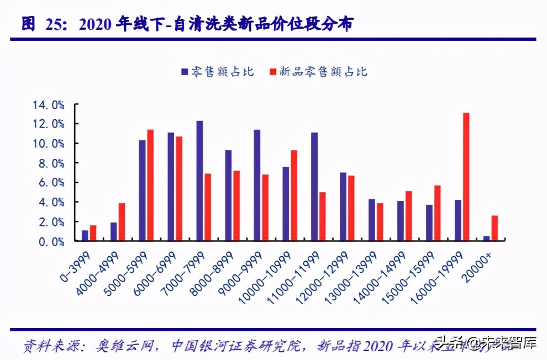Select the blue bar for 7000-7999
point(199,181)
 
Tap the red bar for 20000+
point(495,228)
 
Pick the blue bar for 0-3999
point(85,235)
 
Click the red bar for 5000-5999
point(150,185)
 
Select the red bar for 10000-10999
point(294,195)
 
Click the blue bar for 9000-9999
point(257,185)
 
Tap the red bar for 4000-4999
point(122,222)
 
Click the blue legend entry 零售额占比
point(217,72)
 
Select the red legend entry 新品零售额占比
point(318,72)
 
